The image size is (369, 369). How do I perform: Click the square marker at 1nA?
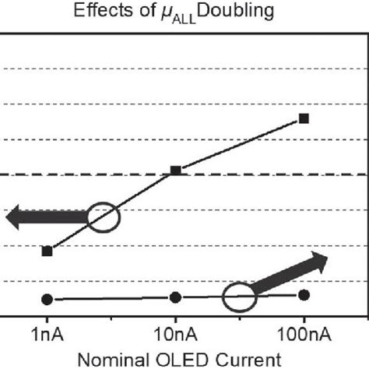(x=47, y=251)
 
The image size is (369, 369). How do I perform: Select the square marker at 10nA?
(x=176, y=170)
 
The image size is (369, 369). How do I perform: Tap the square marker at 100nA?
(x=304, y=118)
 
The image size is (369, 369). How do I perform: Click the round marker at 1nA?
(x=47, y=299)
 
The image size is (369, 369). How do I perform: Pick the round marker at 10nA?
(x=176, y=297)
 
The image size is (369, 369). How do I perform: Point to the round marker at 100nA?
(x=304, y=294)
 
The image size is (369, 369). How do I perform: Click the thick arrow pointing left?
(x=43, y=217)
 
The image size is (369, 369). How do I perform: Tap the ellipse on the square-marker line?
(x=104, y=217)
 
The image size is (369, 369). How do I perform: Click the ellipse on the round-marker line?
(x=239, y=297)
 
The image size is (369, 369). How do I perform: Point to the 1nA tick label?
(x=47, y=336)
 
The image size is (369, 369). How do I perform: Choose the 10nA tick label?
(x=176, y=336)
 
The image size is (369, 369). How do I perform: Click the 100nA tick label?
(x=304, y=336)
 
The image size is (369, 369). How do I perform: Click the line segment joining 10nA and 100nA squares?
(x=240, y=144)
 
